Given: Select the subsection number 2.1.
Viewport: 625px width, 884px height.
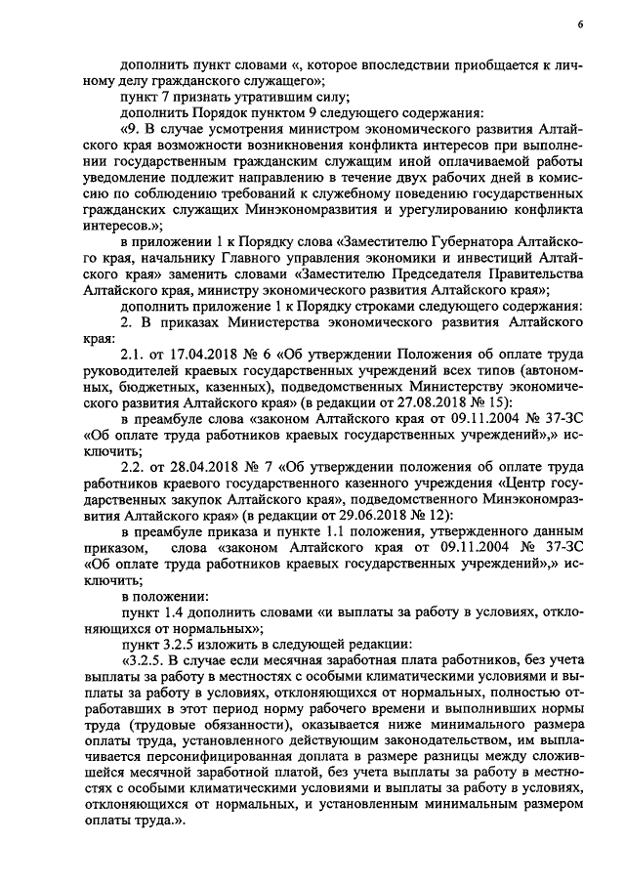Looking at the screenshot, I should click(131, 356).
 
